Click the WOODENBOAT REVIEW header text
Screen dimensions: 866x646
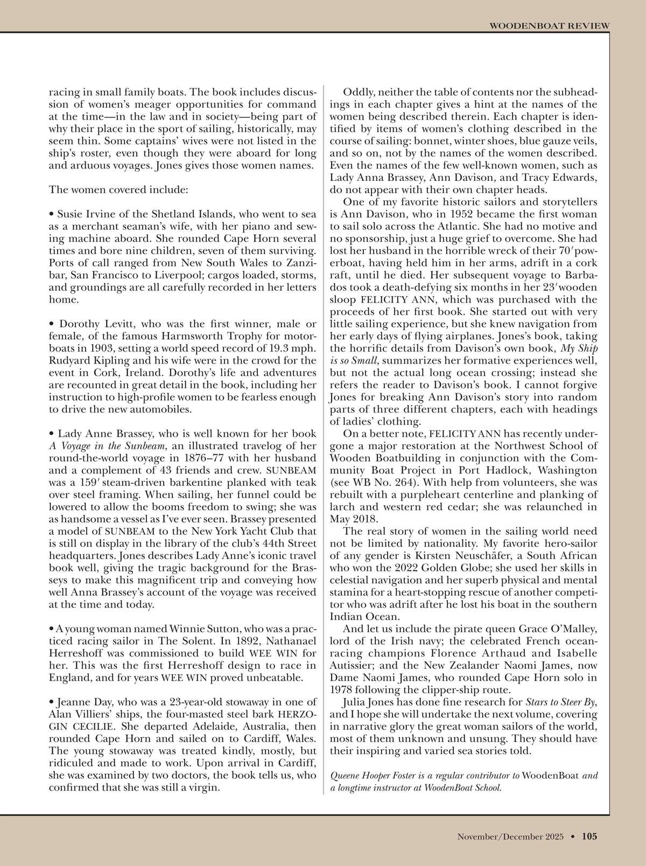(x=549, y=25)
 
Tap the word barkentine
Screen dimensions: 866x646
(x=200, y=483)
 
